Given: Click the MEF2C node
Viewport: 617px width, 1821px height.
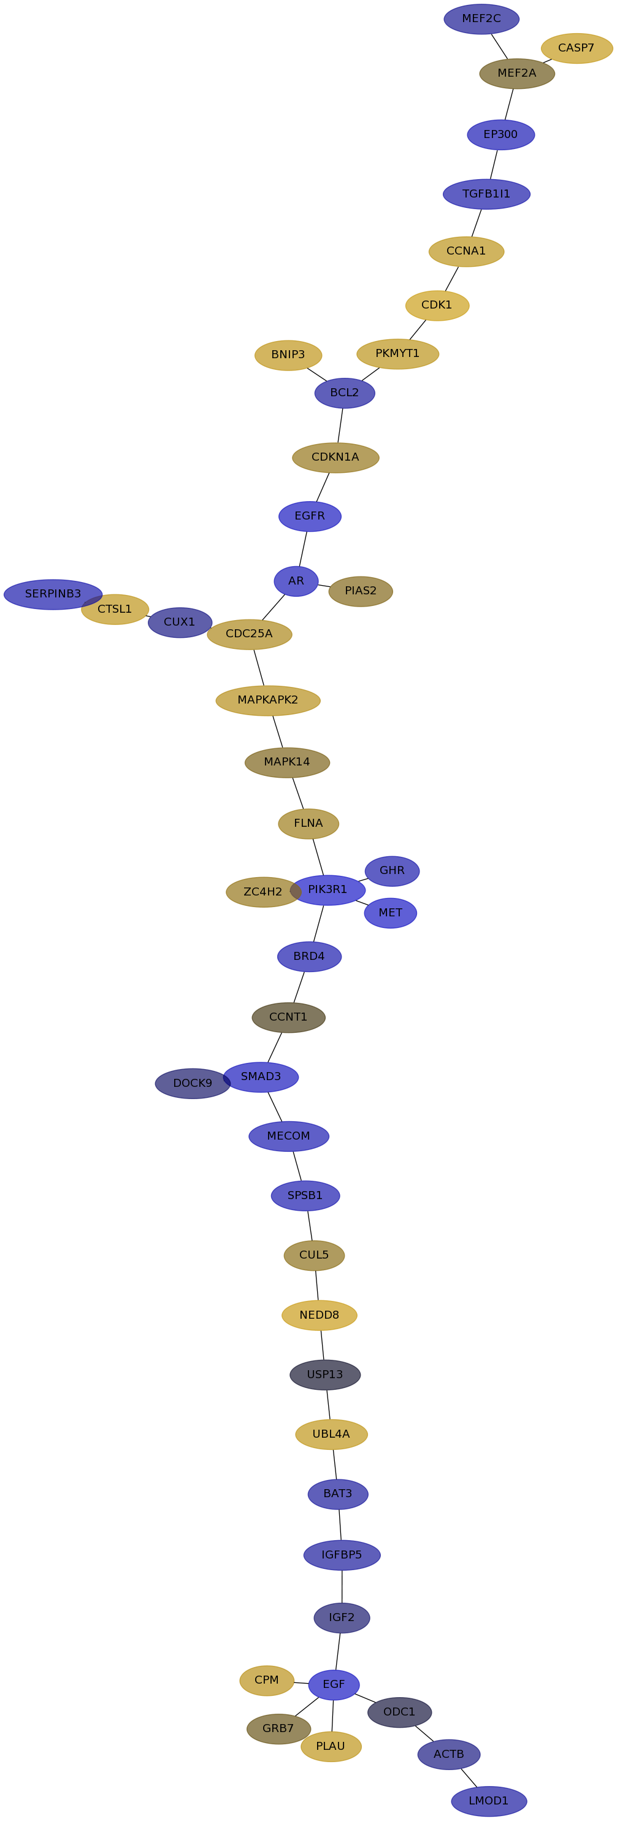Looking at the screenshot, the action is tap(481, 19).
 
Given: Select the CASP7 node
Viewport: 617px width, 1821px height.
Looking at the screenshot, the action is tap(577, 48).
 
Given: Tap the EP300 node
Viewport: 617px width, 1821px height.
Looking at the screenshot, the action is tap(500, 134).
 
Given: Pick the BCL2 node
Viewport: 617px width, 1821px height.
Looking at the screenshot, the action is tap(345, 393).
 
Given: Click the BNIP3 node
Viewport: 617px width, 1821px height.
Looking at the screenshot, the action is tap(288, 355).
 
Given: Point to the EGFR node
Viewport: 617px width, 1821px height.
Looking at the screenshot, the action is tap(310, 516).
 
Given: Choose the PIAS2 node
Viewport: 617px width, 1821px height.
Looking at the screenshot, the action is tap(361, 591).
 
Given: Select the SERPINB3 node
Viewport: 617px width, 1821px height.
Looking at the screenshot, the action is tap(53, 594).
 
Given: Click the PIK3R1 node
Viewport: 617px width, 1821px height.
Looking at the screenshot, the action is tap(328, 890).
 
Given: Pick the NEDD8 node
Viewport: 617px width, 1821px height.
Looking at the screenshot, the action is tap(320, 1316).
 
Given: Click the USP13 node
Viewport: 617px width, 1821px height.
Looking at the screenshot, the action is tap(325, 1375).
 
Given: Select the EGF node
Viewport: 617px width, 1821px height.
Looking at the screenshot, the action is tap(334, 1685).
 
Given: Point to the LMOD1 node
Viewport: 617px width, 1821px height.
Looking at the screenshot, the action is tap(489, 1801).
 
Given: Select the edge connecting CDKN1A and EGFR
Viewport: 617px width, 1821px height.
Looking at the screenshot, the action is tap(322, 487).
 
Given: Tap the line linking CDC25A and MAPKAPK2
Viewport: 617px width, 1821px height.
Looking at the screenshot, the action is tap(259, 667).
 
